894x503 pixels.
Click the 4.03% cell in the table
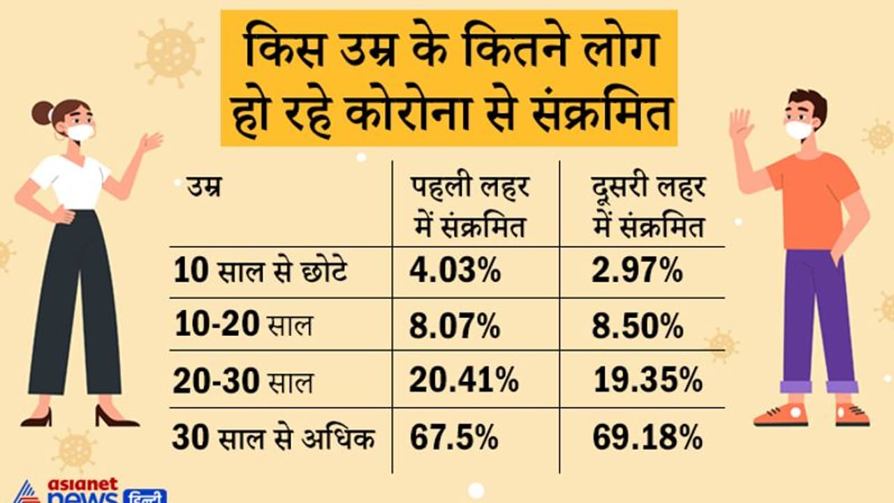point(455,272)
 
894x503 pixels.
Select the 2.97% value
point(637,272)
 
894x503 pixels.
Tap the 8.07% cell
point(455,326)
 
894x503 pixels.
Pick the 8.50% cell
point(638,326)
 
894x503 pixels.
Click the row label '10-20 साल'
point(242,326)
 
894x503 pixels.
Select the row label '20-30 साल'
point(243,381)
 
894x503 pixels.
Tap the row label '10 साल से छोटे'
point(260,272)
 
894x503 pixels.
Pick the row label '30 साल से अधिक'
point(273,439)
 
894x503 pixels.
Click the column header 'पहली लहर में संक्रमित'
point(469,207)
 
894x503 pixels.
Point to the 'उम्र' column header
point(203,187)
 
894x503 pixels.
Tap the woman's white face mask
point(80,132)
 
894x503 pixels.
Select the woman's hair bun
point(43,112)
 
